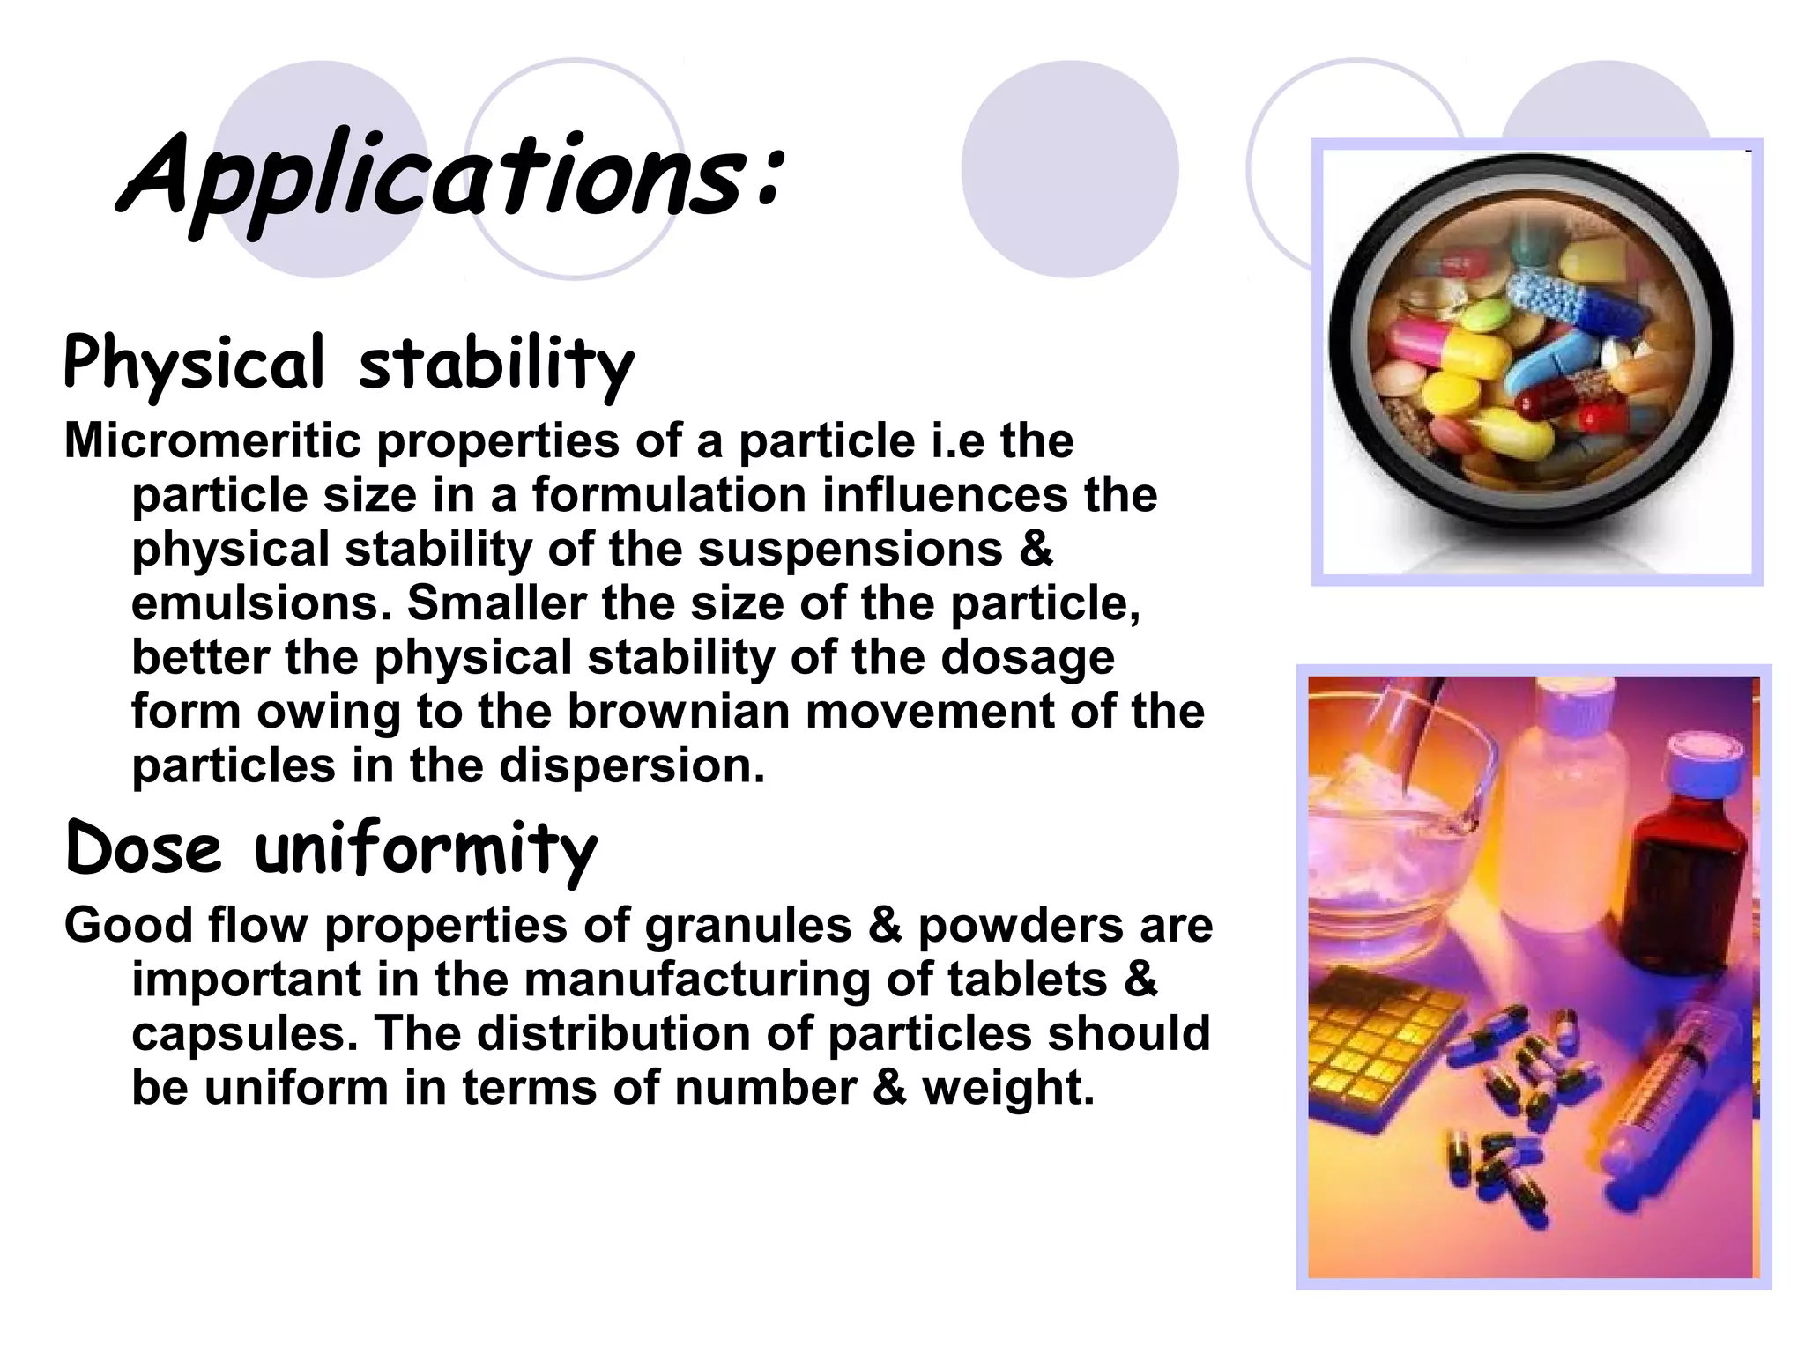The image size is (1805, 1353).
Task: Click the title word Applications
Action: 449,176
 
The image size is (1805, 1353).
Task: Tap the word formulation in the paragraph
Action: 669,495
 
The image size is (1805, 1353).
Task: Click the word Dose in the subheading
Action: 144,848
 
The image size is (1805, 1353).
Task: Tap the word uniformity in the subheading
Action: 426,850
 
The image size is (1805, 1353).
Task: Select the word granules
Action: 748,926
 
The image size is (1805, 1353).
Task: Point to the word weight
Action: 1007,1088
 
